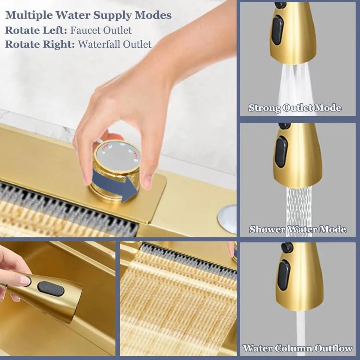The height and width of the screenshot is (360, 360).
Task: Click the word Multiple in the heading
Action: coord(29,15)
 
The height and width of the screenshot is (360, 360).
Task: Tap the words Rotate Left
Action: coord(36,30)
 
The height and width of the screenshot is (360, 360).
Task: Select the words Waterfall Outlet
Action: coord(115,44)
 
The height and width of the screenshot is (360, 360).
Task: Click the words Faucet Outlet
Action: coord(101,30)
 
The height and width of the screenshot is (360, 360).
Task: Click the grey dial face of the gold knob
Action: coord(117,156)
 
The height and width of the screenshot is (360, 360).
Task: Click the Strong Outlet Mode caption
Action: coord(295,108)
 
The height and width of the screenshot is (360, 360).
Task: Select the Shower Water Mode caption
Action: coord(298,229)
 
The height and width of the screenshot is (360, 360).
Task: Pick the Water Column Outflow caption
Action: coord(298,348)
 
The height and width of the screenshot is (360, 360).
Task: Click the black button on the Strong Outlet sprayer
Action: coord(277,30)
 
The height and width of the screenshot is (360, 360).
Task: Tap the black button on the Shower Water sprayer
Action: coord(282,152)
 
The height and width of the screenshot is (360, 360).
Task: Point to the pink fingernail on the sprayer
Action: coord(25,280)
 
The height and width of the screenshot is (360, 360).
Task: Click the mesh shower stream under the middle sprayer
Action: coord(299,209)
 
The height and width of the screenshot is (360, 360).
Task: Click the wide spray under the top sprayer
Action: coord(295,87)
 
